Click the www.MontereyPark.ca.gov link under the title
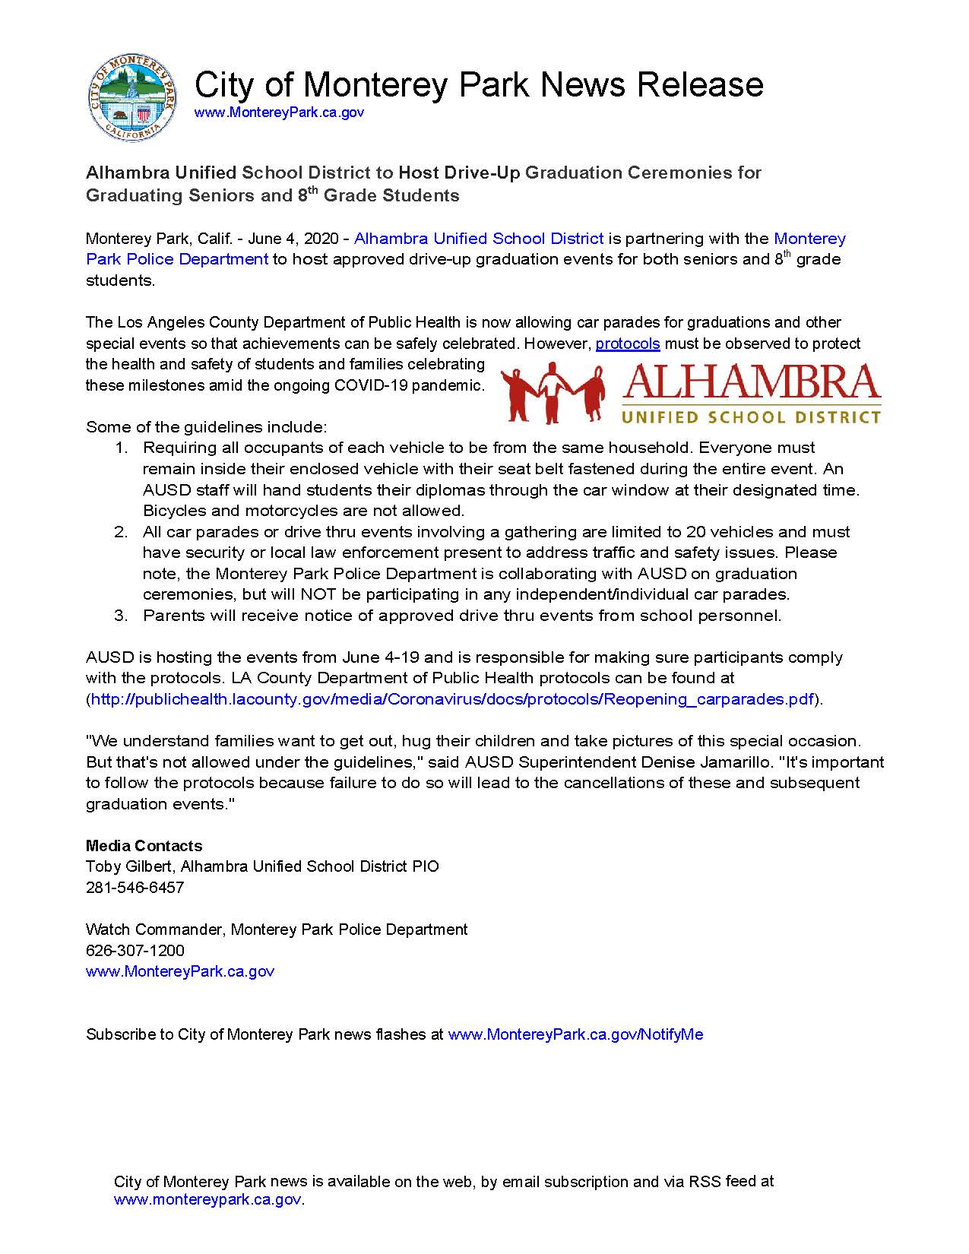pyautogui.click(x=279, y=112)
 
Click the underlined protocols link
pyautogui.click(x=627, y=344)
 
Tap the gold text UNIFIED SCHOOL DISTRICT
pyautogui.click(x=751, y=416)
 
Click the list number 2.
pyautogui.click(x=121, y=532)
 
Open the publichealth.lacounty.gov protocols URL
pyautogui.click(x=452, y=699)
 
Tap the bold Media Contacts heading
pyautogui.click(x=144, y=846)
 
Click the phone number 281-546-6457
pyautogui.click(x=135, y=888)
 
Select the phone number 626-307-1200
pyautogui.click(x=135, y=951)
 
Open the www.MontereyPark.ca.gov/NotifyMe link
pyautogui.click(x=575, y=1034)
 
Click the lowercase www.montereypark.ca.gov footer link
pyautogui.click(x=207, y=1200)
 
